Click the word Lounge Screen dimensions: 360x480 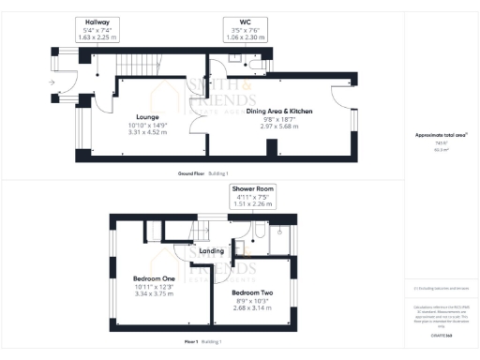[x=145, y=117]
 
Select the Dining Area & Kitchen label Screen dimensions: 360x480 [x=279, y=111]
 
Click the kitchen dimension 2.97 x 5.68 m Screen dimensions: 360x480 [x=278, y=127]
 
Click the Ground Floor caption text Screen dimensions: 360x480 [x=191, y=174]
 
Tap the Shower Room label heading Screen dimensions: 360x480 [x=253, y=189]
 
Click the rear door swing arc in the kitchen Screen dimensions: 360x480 [x=343, y=98]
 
